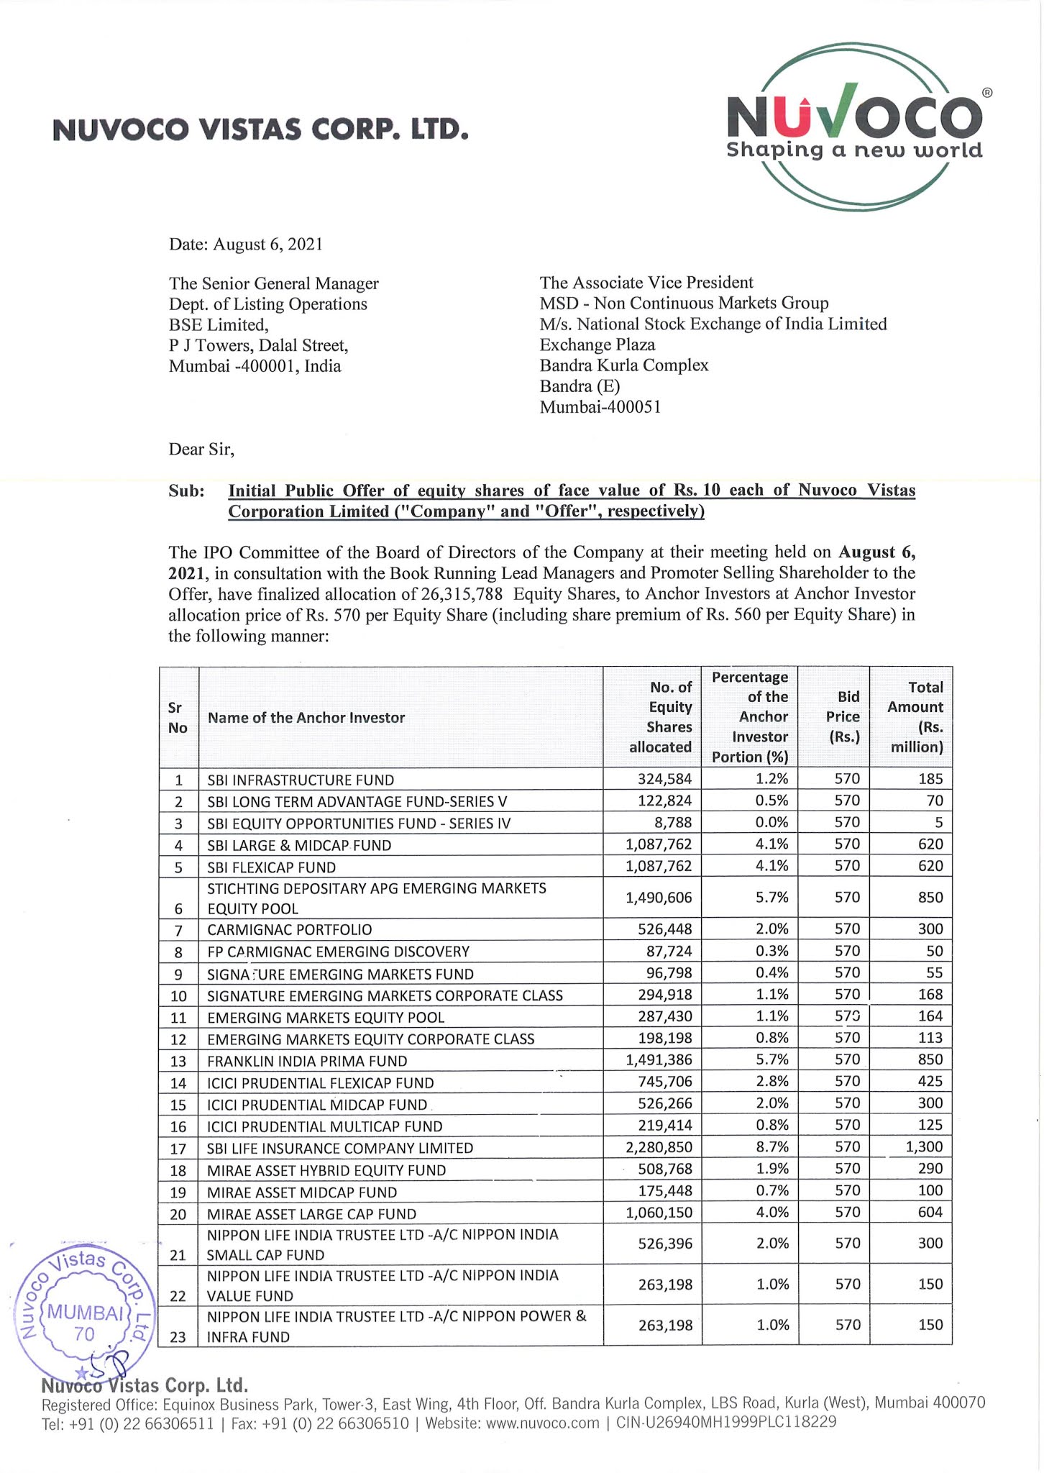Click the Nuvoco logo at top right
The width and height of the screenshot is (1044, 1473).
(854, 127)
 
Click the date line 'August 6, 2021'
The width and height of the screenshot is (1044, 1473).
(246, 245)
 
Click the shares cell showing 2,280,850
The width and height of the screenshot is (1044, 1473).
(659, 1147)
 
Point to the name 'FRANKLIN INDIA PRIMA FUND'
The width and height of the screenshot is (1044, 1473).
(307, 1061)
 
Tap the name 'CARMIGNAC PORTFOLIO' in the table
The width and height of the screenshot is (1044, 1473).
(290, 930)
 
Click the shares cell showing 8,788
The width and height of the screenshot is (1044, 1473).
(673, 822)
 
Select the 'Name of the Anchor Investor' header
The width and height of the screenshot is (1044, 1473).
(306, 718)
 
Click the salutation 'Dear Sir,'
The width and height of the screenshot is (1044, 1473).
(201, 450)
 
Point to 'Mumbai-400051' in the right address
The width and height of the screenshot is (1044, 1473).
(600, 407)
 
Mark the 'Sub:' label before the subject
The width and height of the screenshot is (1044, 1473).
(186, 491)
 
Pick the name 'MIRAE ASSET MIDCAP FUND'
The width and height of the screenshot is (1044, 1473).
(302, 1192)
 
